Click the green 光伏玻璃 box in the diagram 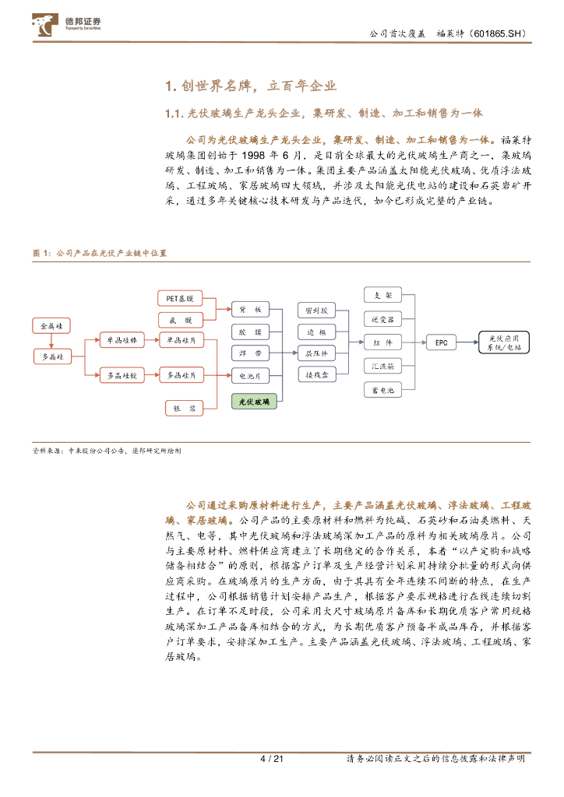pyautogui.click(x=255, y=402)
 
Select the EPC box pyautogui.click(x=442, y=342)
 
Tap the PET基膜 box pyautogui.click(x=180, y=298)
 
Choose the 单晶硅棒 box pyautogui.click(x=122, y=341)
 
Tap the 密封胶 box pyautogui.click(x=316, y=310)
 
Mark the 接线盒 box pyautogui.click(x=316, y=374)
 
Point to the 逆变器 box pyautogui.click(x=383, y=319)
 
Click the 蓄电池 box pyautogui.click(x=383, y=390)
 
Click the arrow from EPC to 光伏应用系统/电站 pyautogui.click(x=467, y=342)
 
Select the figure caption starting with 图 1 pyautogui.click(x=100, y=254)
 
